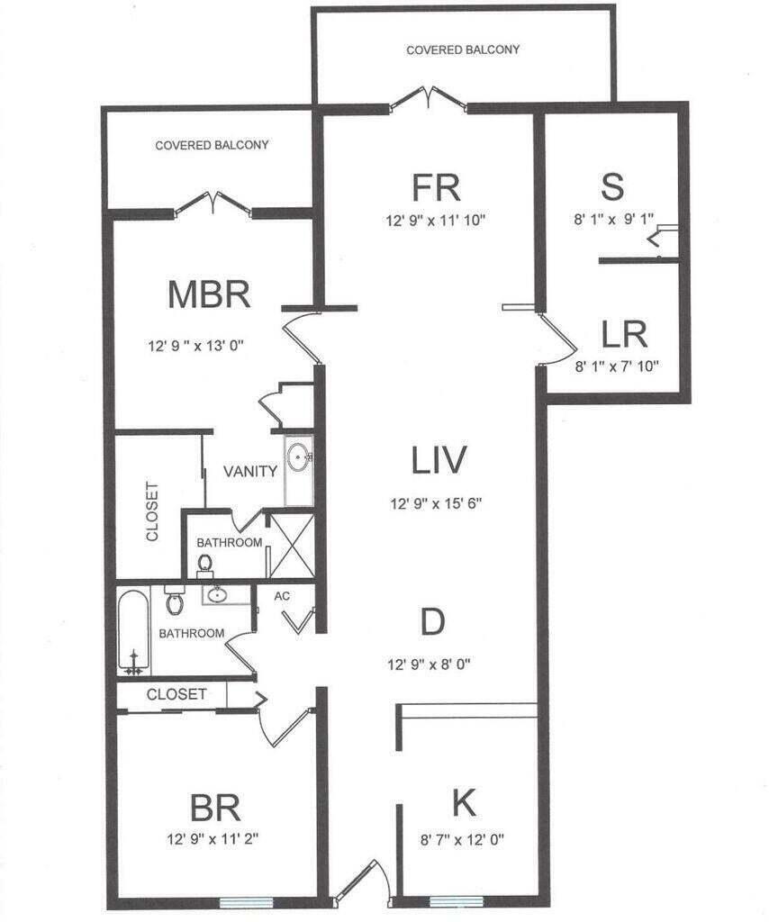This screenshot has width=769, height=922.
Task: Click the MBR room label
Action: pyautogui.click(x=209, y=294)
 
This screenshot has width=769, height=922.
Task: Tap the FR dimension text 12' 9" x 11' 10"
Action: pyautogui.click(x=436, y=221)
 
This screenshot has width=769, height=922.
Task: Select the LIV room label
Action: pyautogui.click(x=439, y=460)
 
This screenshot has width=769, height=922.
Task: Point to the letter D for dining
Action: pyautogui.click(x=433, y=621)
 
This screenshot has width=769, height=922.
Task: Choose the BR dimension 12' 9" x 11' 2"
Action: pyautogui.click(x=213, y=838)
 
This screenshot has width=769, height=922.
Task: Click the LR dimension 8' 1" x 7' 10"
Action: pyautogui.click(x=616, y=366)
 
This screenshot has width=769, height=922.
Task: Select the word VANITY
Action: pyautogui.click(x=249, y=471)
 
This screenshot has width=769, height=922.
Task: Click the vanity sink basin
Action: pyautogui.click(x=299, y=456)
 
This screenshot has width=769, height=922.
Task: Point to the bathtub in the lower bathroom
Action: pyautogui.click(x=133, y=632)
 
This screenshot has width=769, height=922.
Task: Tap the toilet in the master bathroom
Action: pyautogui.click(x=204, y=564)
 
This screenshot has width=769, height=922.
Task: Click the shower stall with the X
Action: pyautogui.click(x=291, y=545)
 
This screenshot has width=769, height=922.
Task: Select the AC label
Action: pyautogui.click(x=282, y=596)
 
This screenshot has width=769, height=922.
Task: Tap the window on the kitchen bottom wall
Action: pyautogui.click(x=457, y=901)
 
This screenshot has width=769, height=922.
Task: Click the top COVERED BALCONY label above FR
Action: pyautogui.click(x=463, y=50)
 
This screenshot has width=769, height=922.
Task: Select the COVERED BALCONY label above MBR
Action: pyautogui.click(x=212, y=145)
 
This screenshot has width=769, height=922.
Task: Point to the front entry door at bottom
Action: pyautogui.click(x=360, y=882)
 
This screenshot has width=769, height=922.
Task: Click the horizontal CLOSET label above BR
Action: pyautogui.click(x=176, y=694)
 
